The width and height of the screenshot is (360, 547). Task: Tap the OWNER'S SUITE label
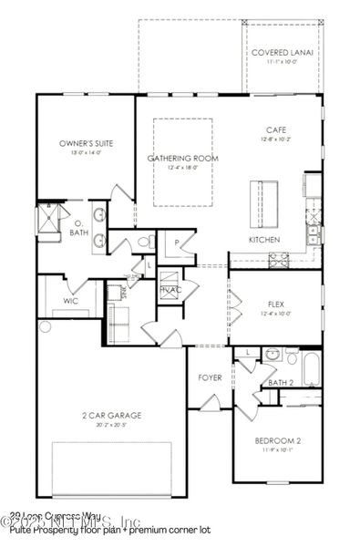pos(85,144)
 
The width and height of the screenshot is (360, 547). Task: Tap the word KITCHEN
pos(263,240)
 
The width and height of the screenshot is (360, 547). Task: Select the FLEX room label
pos(276,304)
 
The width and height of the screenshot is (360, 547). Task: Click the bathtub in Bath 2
pos(311,368)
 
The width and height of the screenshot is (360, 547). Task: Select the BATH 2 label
pos(281,383)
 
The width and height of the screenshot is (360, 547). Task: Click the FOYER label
pos(211,377)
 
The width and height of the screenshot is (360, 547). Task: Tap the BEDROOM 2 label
pos(276,441)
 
